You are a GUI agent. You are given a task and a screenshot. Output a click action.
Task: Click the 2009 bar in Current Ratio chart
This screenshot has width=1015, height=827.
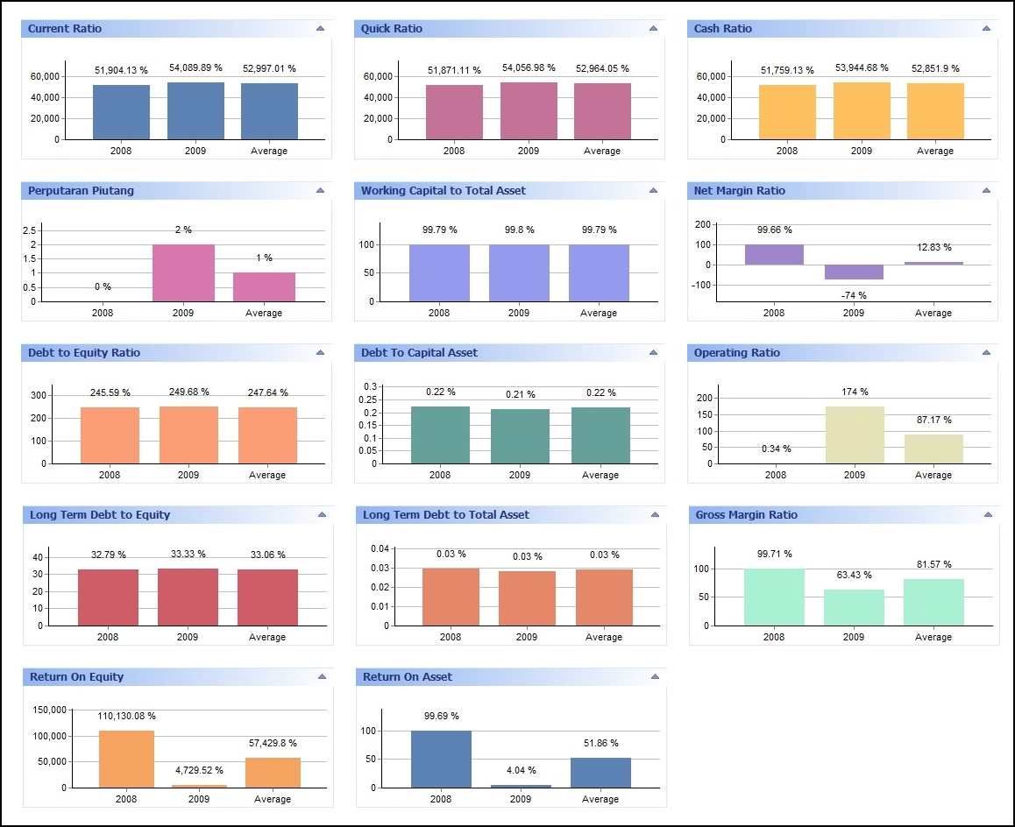coord(195,110)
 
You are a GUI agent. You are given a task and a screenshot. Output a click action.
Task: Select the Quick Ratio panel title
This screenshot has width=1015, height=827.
coord(392,29)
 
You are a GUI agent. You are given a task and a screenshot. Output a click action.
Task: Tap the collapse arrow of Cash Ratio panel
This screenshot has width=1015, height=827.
coord(986,28)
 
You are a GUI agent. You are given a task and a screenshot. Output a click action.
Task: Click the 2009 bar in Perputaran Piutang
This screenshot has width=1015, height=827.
coord(183,272)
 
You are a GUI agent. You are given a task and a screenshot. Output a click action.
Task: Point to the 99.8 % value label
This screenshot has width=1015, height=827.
coord(519,230)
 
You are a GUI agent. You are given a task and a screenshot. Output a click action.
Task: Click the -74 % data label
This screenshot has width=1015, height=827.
coord(854,295)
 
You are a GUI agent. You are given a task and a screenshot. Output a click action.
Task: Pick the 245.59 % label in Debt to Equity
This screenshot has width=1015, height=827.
coord(110,392)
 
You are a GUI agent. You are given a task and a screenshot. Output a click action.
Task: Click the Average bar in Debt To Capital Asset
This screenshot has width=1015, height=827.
coord(600,435)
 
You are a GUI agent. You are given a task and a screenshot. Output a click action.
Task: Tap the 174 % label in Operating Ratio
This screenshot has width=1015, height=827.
coord(854,392)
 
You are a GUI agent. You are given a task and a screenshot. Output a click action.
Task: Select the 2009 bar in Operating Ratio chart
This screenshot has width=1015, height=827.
coord(855,435)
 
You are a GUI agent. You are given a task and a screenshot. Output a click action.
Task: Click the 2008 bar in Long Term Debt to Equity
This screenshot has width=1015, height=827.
coord(108,597)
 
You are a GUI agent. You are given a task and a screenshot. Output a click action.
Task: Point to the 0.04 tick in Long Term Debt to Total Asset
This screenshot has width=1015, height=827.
coord(379,549)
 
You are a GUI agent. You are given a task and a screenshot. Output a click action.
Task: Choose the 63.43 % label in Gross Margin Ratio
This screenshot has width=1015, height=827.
coord(855,575)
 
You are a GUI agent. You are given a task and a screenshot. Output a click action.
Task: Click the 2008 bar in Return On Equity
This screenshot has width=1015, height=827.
coord(126,759)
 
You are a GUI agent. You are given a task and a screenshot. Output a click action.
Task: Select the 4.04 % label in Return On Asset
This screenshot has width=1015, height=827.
coord(522,771)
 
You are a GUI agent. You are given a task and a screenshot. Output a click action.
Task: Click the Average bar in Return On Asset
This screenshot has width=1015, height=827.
coord(600,773)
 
